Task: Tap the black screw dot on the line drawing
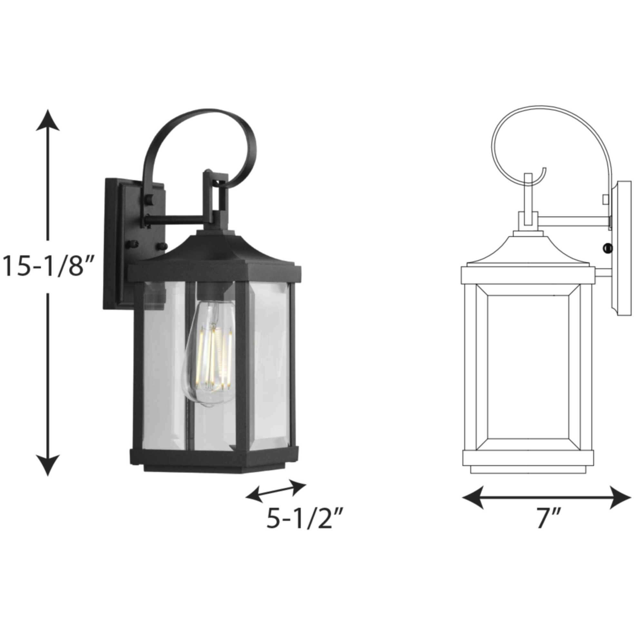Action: pyautogui.click(x=608, y=248)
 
